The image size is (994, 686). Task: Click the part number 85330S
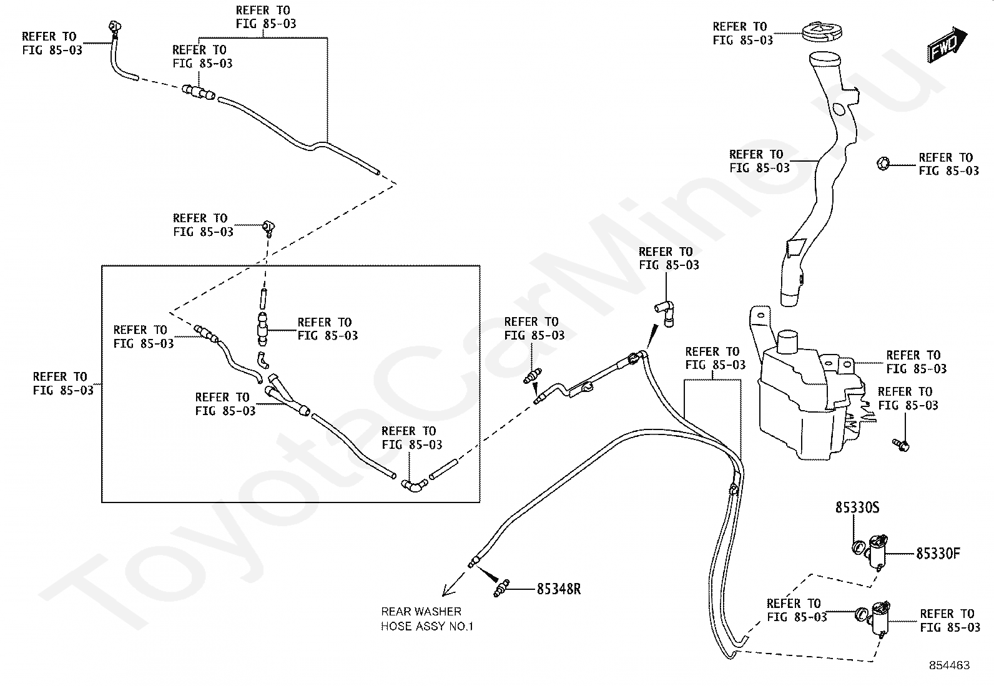857,507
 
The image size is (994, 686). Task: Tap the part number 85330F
938,553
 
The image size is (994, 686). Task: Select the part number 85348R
559,589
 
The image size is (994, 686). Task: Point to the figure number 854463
950,665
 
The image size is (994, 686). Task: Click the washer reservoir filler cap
822,32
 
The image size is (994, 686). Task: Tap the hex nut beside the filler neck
883,164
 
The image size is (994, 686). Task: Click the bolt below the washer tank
901,444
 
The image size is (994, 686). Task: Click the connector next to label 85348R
501,589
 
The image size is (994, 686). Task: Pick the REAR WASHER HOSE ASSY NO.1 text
427,619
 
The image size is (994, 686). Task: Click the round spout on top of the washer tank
788,342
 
